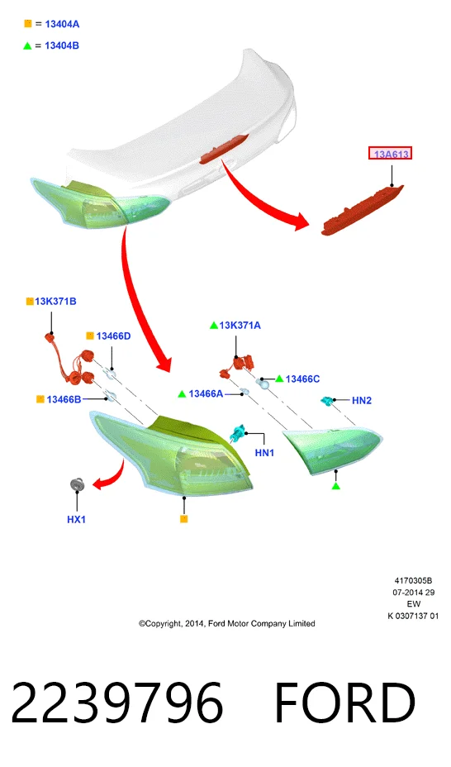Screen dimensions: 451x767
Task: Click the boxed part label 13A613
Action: point(390,154)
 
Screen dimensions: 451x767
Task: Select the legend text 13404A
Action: point(62,24)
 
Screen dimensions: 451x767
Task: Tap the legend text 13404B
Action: point(62,45)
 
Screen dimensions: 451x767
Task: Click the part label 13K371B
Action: point(55,302)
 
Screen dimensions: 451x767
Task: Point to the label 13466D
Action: point(113,336)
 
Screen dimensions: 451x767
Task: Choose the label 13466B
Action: point(64,400)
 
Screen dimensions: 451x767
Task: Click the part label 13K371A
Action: point(240,326)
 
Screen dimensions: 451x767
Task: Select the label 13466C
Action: point(302,379)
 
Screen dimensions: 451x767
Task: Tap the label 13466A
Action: point(206,393)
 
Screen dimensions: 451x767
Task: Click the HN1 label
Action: point(264,453)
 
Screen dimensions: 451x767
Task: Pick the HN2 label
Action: point(362,401)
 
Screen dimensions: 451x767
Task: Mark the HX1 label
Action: point(76,520)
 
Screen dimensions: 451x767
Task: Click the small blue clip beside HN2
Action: point(326,401)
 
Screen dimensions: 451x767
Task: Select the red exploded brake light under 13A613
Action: point(363,210)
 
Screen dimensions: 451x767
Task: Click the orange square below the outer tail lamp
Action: point(183,519)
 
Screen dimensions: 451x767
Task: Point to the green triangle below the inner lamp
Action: point(335,486)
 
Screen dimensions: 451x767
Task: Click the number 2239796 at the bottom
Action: point(117,703)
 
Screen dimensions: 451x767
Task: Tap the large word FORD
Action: point(345,703)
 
